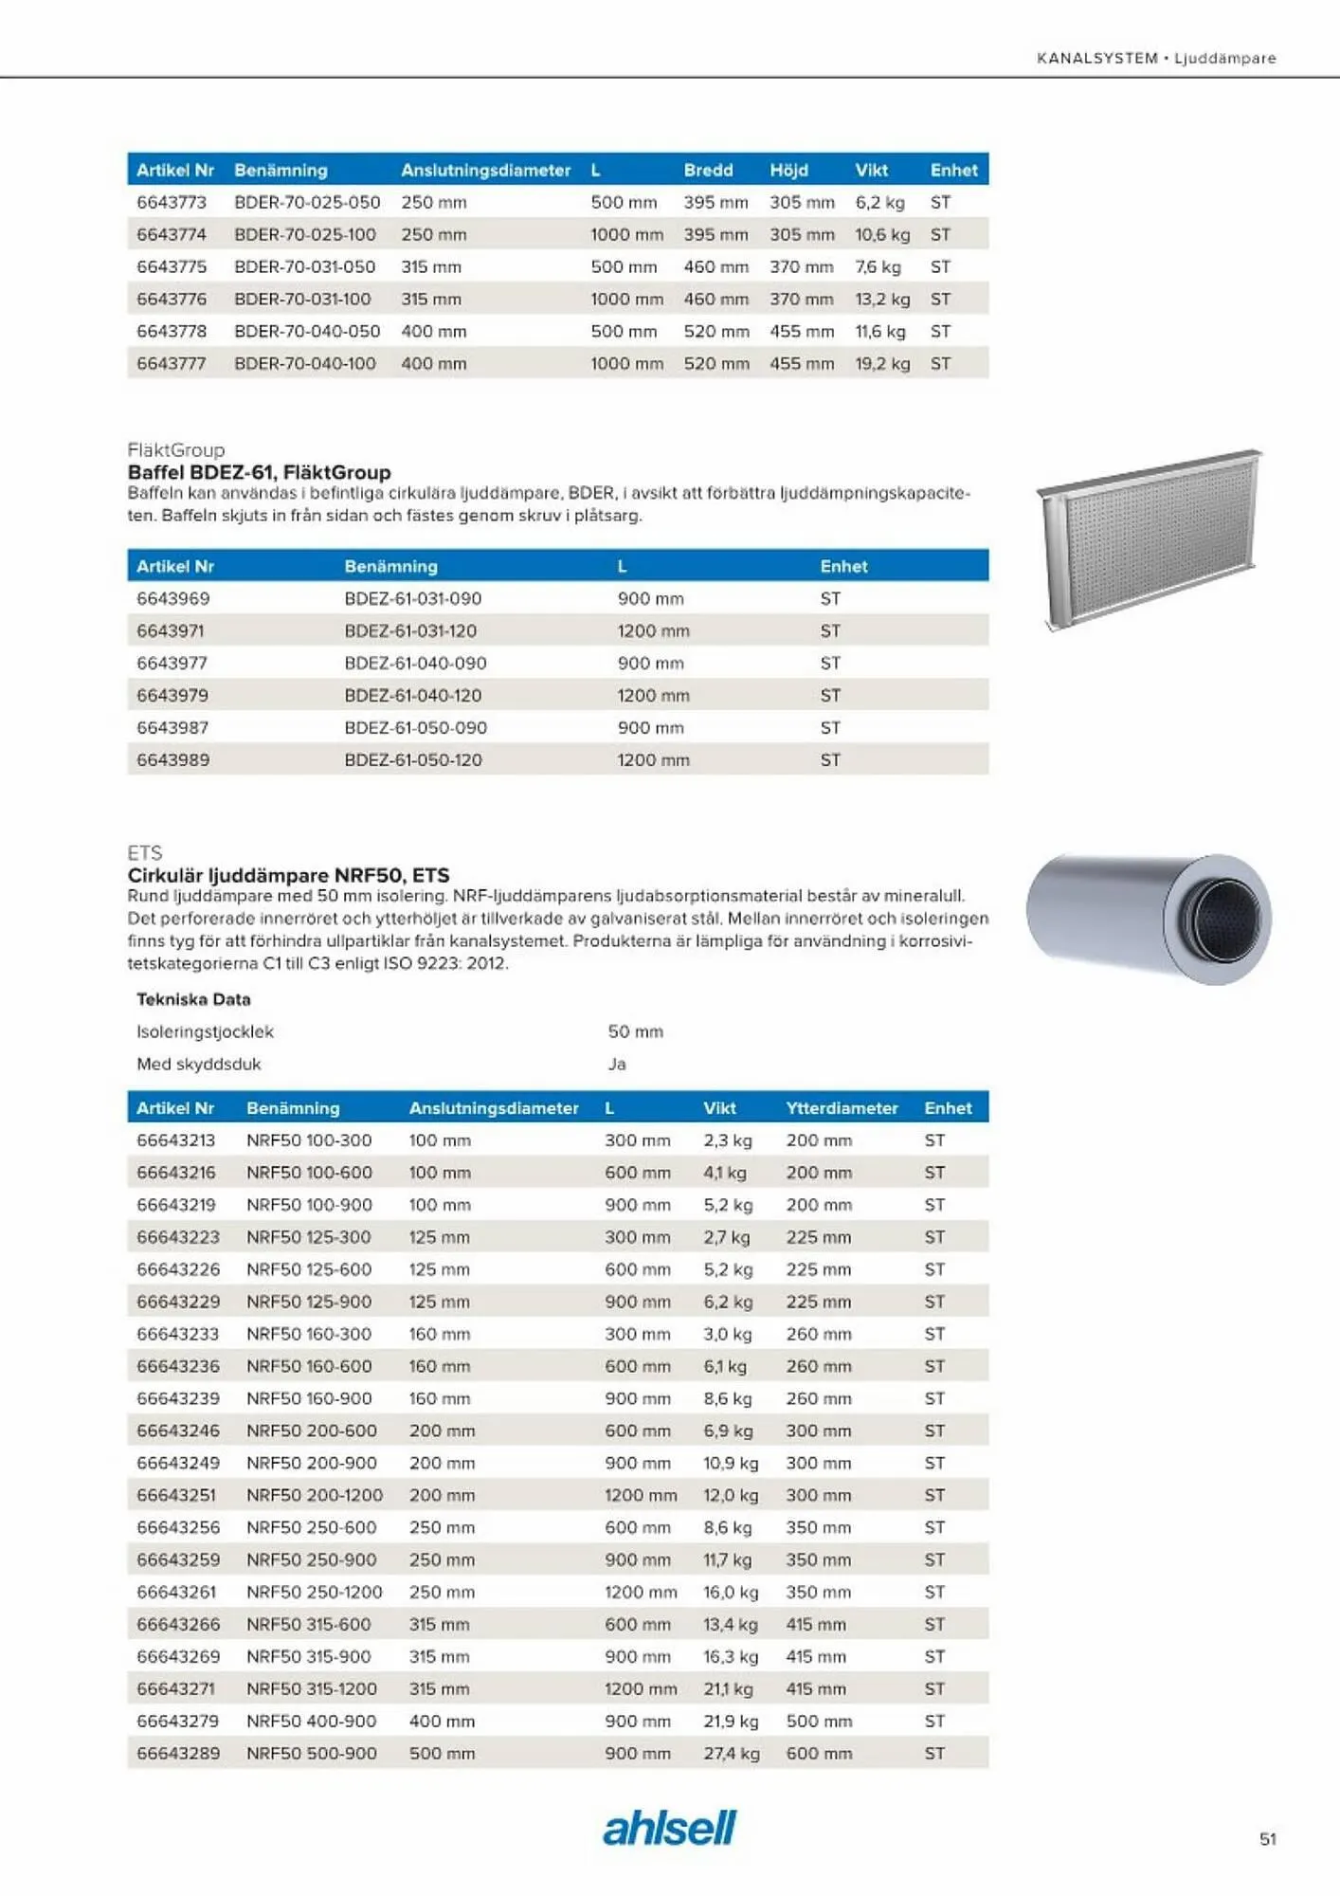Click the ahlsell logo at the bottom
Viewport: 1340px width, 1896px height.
(x=669, y=1828)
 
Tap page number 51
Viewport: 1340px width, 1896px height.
(x=1267, y=1839)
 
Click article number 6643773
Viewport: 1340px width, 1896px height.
(x=172, y=202)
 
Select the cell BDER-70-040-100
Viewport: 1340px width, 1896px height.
(x=305, y=363)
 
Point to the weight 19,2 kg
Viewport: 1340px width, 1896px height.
(x=882, y=363)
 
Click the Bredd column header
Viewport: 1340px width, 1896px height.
(x=708, y=170)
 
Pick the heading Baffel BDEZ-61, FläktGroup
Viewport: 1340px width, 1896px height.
(x=259, y=472)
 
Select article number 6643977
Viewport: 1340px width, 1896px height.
(x=172, y=663)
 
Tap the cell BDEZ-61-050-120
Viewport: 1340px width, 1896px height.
(x=413, y=759)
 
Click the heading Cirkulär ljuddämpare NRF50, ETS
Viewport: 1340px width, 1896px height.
(x=288, y=875)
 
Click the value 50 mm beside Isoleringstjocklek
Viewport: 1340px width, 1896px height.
(x=635, y=1031)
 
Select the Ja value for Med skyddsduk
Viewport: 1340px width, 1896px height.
(x=617, y=1064)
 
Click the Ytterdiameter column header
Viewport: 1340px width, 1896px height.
(x=842, y=1107)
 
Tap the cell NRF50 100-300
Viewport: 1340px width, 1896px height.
(x=309, y=1139)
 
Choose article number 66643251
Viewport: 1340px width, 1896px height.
(x=176, y=1495)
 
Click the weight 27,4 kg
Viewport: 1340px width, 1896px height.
(x=731, y=1753)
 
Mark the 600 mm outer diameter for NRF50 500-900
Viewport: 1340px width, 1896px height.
(x=819, y=1753)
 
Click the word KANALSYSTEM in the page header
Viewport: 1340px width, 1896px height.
(x=1096, y=58)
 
